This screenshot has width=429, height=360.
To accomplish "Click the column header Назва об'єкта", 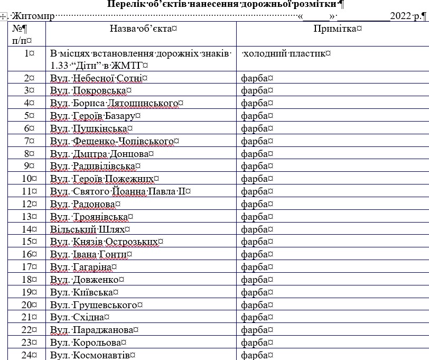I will pyautogui.click(x=141, y=29).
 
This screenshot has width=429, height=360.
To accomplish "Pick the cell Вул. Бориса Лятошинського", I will pyautogui.click(x=116, y=103).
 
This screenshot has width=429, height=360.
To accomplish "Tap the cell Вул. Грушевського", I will pyautogui.click(x=96, y=305).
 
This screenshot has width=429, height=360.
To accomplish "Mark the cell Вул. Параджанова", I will pyautogui.click(x=93, y=330).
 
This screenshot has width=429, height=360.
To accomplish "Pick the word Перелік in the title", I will pyautogui.click(x=127, y=5).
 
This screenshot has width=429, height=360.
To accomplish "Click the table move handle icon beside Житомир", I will pyautogui.click(x=4, y=16).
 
